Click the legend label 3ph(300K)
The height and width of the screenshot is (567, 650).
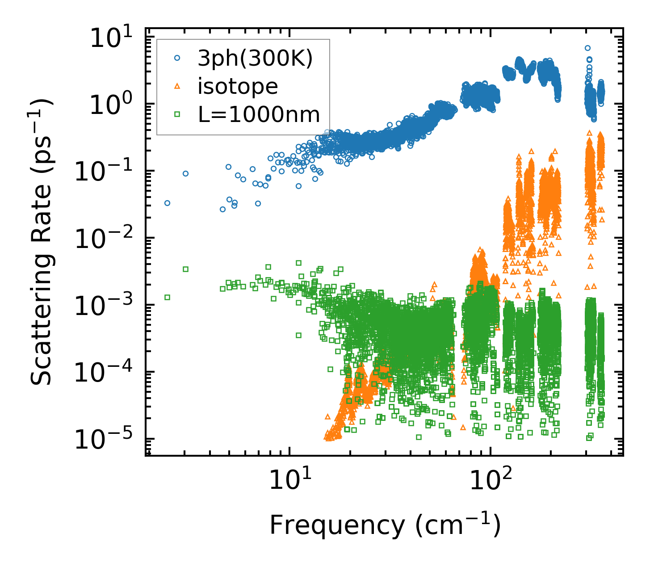255,59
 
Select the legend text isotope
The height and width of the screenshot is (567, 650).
238,86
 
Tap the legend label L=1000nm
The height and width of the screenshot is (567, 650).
259,114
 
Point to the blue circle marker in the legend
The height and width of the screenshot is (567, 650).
177,58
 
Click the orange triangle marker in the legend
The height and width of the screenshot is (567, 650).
177,86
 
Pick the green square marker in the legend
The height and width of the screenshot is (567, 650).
177,114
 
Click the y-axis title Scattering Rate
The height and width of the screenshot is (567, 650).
41,241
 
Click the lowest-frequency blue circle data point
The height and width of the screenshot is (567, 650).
168,203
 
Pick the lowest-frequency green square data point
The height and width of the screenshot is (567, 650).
168,297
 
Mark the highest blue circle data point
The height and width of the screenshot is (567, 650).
588,48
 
